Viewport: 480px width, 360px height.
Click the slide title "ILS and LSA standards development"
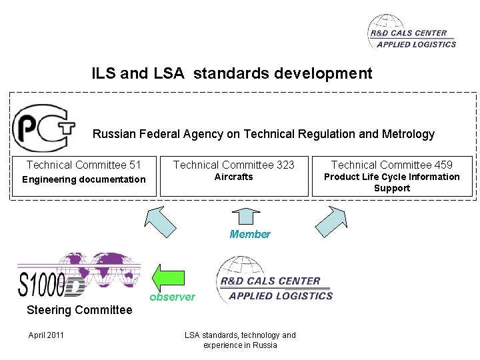(232, 73)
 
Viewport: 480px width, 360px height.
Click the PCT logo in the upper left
(41, 128)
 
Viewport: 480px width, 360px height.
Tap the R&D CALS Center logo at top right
(412, 33)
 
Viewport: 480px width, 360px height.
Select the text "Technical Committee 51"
(84, 165)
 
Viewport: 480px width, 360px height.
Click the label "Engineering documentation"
(84, 179)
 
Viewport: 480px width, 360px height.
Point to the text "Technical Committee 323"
(234, 165)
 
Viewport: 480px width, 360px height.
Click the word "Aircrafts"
(234, 177)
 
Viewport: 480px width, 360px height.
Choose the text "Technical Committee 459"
(392, 165)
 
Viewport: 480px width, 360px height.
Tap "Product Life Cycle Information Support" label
(392, 182)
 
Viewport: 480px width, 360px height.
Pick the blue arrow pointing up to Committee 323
(246, 215)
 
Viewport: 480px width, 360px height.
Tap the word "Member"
(250, 234)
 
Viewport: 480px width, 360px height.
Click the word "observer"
(172, 297)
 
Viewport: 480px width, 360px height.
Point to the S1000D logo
(79, 274)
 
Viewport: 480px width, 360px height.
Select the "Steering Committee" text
(79, 310)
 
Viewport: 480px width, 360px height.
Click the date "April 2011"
(46, 335)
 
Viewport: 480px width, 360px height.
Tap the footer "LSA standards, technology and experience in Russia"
(240, 340)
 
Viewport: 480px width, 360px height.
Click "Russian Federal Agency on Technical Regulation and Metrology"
(263, 134)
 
